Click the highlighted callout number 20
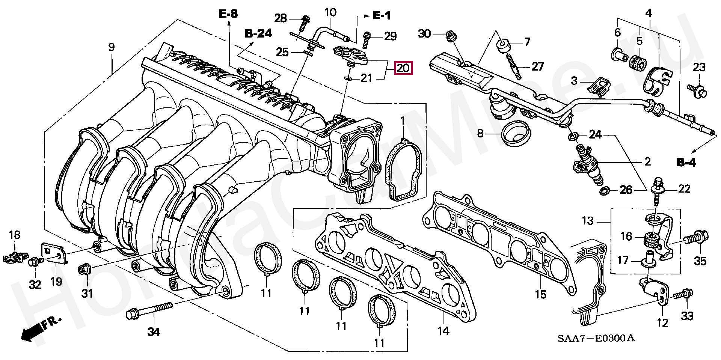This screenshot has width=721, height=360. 403,68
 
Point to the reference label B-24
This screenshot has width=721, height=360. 258,34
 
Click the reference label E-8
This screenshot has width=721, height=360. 228,15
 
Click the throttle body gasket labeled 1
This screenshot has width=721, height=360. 404,169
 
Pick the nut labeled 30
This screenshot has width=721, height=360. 450,36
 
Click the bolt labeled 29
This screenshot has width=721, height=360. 367,39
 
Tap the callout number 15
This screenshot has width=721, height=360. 540,294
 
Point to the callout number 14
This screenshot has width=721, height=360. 443,331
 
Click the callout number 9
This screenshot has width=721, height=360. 111,48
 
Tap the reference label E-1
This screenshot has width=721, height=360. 382,15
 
